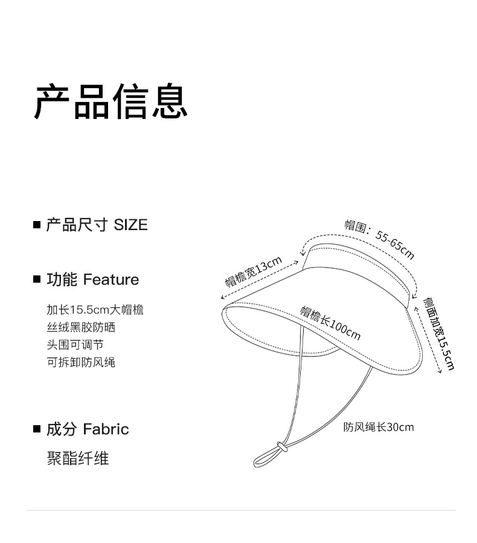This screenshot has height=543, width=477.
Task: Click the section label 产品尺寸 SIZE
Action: (97, 225)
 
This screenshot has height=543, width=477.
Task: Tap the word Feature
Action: (111, 280)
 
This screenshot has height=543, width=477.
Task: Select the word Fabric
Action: (106, 429)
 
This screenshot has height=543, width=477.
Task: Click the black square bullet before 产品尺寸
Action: (36, 225)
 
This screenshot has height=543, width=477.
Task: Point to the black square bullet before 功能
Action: (36, 280)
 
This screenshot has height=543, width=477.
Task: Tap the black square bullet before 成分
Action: (36, 429)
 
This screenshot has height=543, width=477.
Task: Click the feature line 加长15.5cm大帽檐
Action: (95, 310)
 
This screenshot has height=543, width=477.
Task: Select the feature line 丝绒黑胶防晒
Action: (81, 327)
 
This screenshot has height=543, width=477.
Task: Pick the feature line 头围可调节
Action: (75, 345)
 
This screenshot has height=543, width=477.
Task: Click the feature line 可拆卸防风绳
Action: (81, 362)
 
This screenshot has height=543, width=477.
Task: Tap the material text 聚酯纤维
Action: (78, 458)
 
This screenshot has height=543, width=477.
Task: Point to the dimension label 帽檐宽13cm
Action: (254, 272)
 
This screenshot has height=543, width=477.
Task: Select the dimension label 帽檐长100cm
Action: (330, 323)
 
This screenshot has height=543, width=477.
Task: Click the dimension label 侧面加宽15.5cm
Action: (439, 333)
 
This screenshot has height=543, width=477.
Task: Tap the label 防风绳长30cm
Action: (379, 427)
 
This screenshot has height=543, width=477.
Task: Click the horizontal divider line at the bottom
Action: (242, 510)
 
